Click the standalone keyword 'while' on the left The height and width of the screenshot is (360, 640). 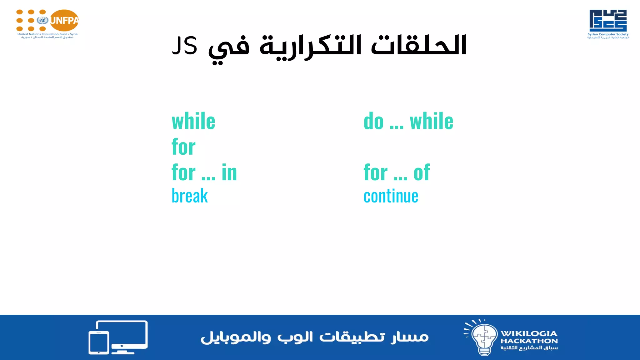coord(193,121)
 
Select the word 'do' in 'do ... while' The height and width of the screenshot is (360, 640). coord(373,121)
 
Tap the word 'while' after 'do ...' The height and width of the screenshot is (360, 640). coord(431,121)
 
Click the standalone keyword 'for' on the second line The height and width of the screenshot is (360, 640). coord(183,147)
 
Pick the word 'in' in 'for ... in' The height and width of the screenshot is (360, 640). coord(229,172)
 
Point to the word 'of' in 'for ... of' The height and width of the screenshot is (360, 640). coord(422,172)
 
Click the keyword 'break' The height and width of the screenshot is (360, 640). coord(190,196)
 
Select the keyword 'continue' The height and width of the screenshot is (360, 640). coord(391,196)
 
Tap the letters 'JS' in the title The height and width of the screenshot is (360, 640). coord(185,46)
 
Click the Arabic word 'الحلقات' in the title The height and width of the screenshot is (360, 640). coord(419,45)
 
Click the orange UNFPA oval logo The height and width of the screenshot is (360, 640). coord(64,21)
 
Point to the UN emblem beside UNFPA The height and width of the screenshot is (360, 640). coord(42,21)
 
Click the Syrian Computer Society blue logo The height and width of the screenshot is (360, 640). coord(608,20)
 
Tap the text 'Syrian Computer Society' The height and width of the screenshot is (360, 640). coord(608,34)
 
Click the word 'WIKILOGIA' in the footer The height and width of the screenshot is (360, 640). coord(529,333)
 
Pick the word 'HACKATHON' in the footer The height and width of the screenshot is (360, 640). coord(529,341)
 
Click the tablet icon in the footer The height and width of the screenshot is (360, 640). coord(99,342)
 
